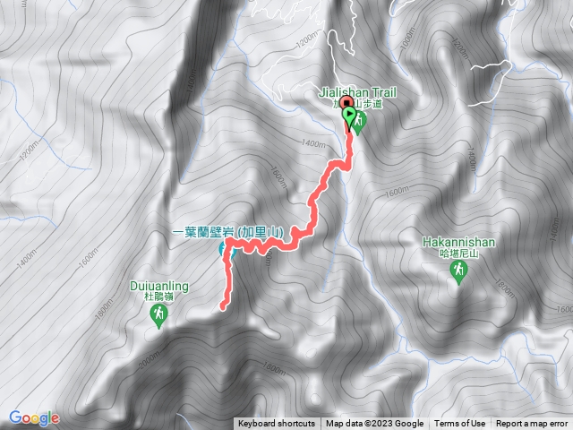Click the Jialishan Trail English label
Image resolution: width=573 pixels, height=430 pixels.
[x=355, y=90]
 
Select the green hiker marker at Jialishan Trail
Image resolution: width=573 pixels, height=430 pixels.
[x=358, y=124]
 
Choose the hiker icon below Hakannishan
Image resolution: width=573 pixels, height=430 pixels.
[x=458, y=272]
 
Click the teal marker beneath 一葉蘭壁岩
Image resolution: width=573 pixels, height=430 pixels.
[x=227, y=252]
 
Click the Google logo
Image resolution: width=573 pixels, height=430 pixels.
[x=33, y=417]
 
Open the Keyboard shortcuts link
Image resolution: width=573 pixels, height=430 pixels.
[x=276, y=424]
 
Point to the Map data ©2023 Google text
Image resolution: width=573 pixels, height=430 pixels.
[x=374, y=424]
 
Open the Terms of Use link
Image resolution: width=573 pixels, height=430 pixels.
[x=460, y=424]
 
